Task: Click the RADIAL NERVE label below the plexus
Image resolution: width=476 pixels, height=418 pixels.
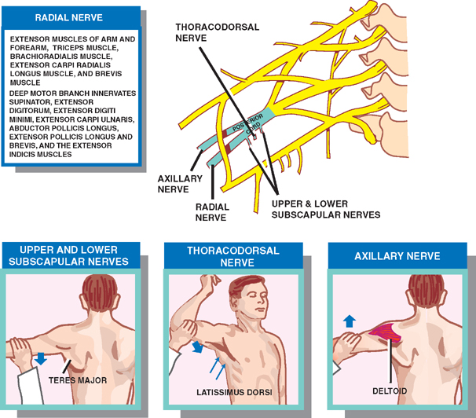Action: click(212, 213)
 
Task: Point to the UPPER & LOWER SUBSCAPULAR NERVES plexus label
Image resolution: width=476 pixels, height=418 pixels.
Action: click(325, 208)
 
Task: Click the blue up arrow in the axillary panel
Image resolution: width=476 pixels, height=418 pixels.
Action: click(348, 321)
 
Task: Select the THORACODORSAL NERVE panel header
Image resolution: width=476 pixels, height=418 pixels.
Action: click(233, 255)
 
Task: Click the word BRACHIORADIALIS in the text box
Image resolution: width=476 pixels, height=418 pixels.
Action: click(42, 57)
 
